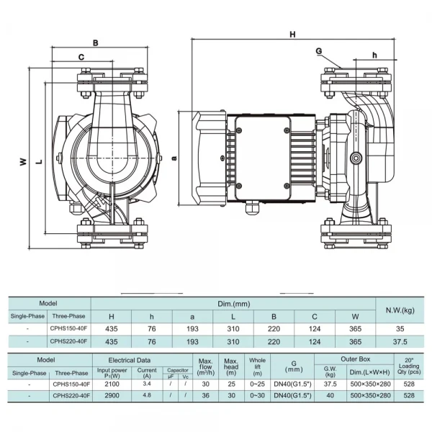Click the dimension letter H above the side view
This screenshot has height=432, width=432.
292,34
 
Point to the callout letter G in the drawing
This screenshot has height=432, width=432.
318,50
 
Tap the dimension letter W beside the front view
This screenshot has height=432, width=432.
22,161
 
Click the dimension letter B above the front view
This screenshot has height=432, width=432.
95,42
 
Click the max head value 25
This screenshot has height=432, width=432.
231,385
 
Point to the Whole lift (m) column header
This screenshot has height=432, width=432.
257,366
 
